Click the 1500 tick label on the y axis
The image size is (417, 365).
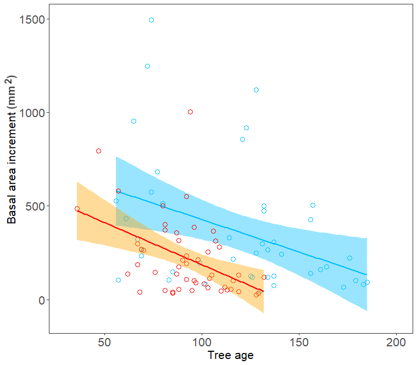coord(32,20)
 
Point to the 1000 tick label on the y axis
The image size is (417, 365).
coord(32,113)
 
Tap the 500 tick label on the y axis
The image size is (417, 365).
coord(35,207)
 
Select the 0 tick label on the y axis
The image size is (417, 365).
coord(42,300)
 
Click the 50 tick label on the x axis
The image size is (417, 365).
coord(104,342)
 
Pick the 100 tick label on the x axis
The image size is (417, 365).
coord(202,342)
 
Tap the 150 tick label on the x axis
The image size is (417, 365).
coord(299,342)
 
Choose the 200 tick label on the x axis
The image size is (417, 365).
coord(396,342)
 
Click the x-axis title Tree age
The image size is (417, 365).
coord(231,356)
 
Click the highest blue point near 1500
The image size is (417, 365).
coord(151,20)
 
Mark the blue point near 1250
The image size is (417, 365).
coord(148,67)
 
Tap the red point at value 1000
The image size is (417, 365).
coord(191,112)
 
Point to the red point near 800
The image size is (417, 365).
coord(99,151)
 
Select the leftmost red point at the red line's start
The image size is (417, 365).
coord(77,209)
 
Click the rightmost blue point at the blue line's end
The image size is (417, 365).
coord(367,282)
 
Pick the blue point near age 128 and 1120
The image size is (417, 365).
coord(257,90)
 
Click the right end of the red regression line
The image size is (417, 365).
coord(264,291)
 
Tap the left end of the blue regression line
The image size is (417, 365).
coord(116,191)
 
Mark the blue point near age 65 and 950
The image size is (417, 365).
coord(134,121)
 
